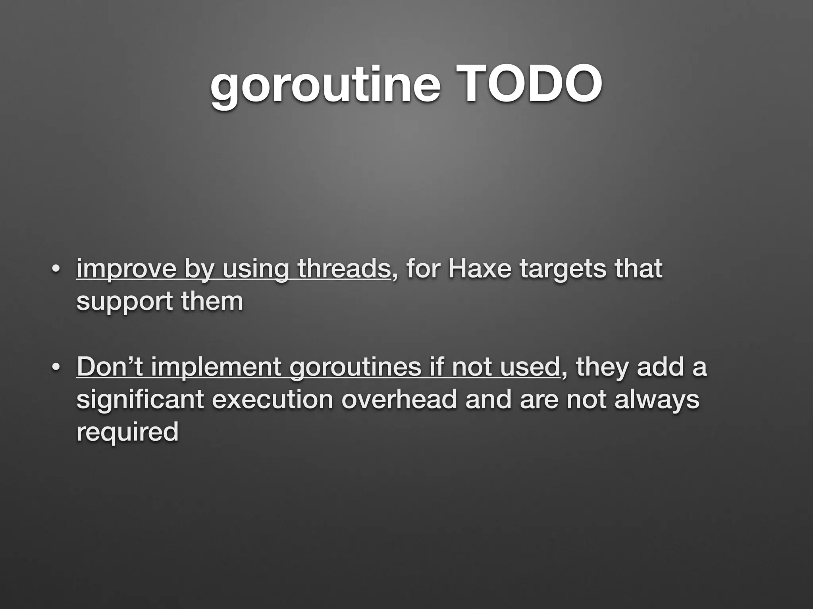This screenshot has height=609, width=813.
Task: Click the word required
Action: point(127,432)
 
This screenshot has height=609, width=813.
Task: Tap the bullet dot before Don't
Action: point(56,368)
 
